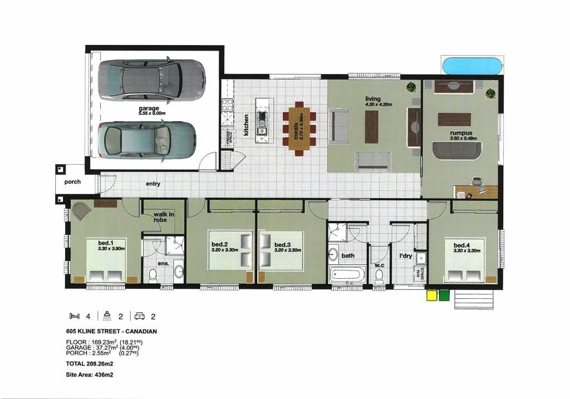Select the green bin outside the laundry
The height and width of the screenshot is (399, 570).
(444, 295)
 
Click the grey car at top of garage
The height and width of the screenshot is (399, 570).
(151, 79)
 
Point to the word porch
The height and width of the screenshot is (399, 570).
(72, 182)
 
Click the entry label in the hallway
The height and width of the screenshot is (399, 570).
(153, 184)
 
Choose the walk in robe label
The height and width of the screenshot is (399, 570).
(161, 217)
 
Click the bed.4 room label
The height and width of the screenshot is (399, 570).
(462, 245)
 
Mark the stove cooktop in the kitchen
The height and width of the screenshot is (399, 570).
(227, 106)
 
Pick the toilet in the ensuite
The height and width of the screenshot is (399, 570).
(153, 274)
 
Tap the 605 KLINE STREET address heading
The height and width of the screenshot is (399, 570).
(111, 331)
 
